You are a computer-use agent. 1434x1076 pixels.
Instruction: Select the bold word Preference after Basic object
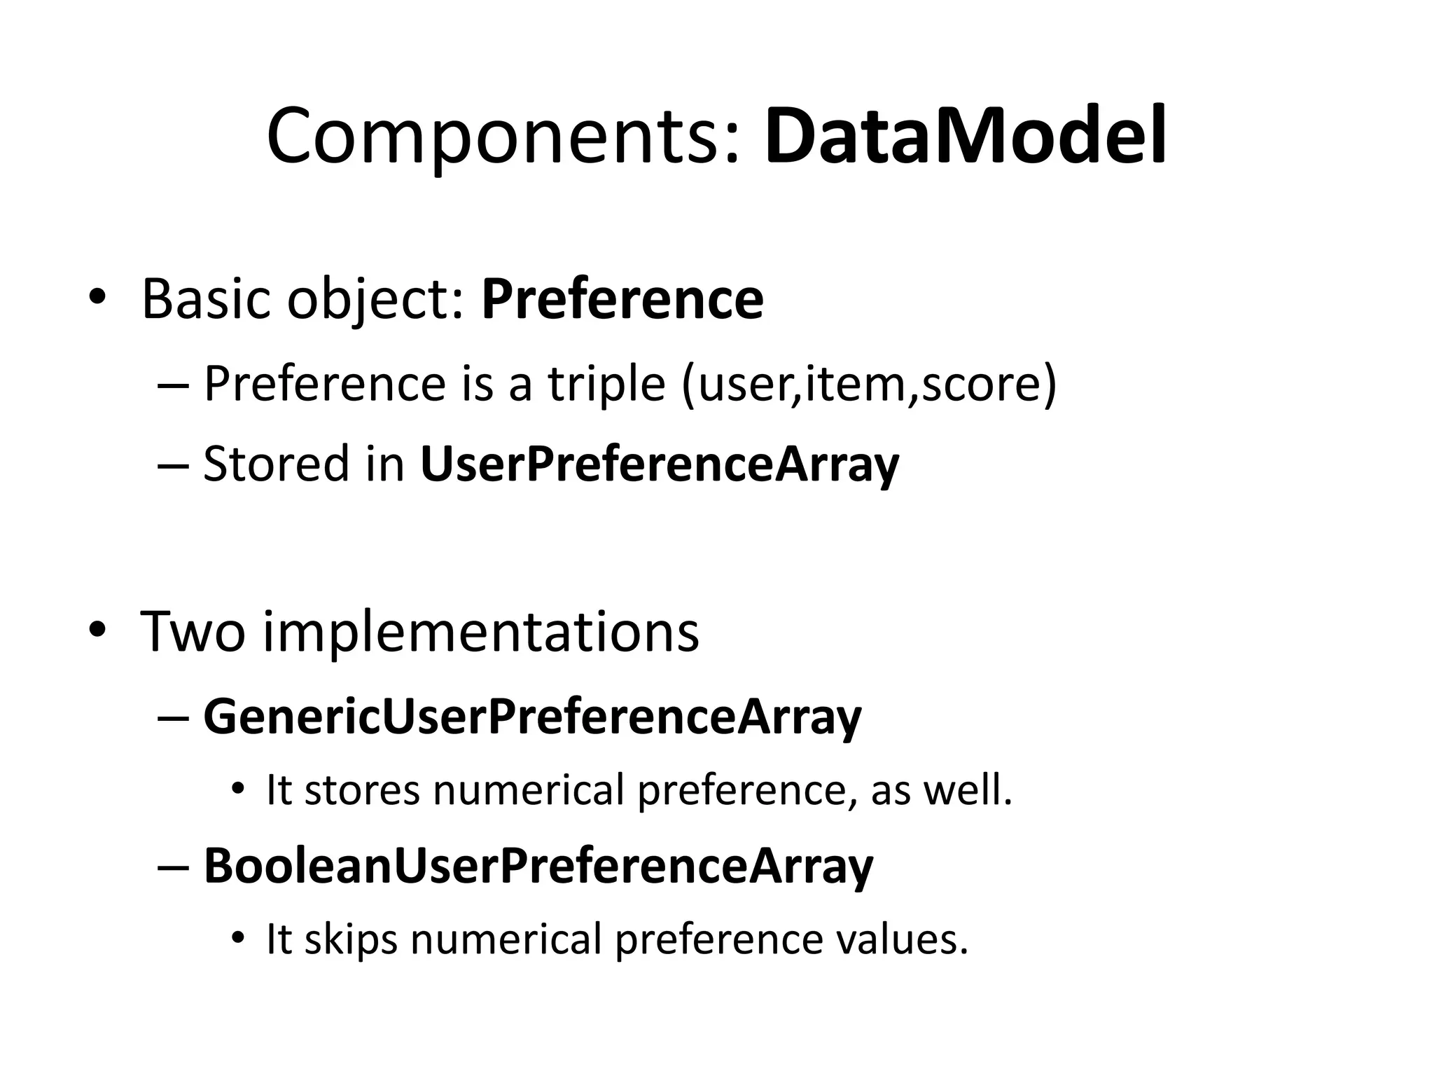tap(622, 300)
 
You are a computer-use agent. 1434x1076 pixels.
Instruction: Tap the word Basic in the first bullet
tap(207, 300)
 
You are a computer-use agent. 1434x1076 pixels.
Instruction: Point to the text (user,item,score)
tap(868, 385)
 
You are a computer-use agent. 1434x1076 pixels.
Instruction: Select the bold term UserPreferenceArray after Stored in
tap(659, 465)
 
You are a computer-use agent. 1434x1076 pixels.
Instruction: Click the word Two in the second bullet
tap(193, 632)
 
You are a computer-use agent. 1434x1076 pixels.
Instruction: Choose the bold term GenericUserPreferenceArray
tap(532, 717)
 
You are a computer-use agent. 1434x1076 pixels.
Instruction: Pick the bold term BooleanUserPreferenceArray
tap(538, 867)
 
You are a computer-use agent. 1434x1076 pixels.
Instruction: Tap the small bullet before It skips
tap(238, 938)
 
